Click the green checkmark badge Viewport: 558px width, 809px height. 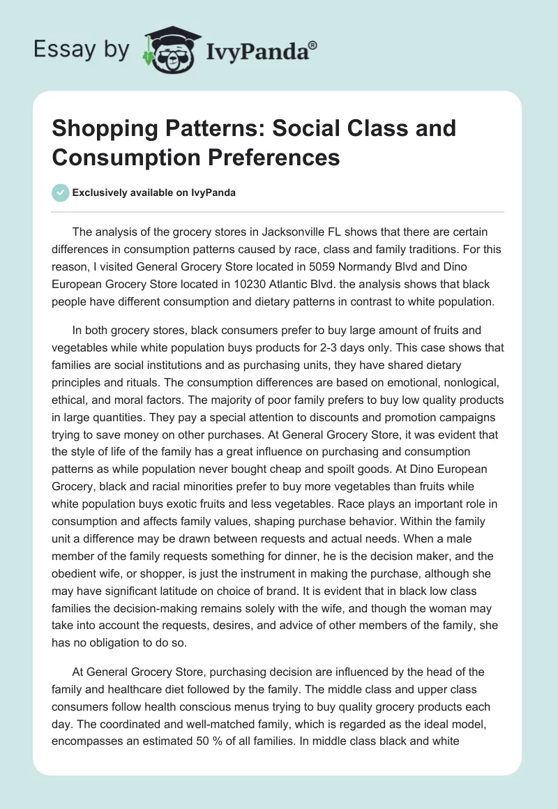(60, 192)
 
